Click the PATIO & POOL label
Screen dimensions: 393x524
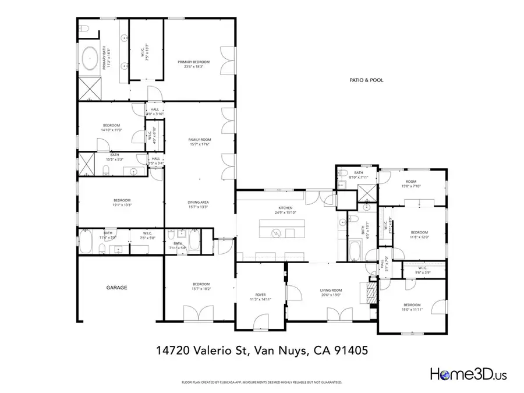[x=366, y=80]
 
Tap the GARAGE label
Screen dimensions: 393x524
[x=116, y=288]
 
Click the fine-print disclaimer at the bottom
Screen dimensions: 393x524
[x=262, y=383]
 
